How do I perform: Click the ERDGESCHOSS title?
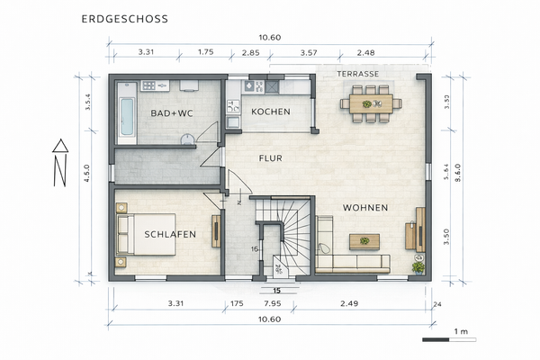(x=123, y=18)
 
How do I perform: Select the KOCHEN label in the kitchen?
(x=270, y=112)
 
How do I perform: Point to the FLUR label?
(x=271, y=157)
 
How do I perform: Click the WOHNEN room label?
(x=365, y=208)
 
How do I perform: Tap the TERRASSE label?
(x=357, y=73)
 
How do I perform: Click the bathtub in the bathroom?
(x=127, y=117)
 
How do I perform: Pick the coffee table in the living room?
(x=364, y=240)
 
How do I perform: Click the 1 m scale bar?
(x=447, y=338)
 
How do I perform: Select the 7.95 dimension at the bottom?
(x=271, y=304)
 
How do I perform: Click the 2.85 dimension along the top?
(x=251, y=53)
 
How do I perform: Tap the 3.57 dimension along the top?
(x=308, y=53)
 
